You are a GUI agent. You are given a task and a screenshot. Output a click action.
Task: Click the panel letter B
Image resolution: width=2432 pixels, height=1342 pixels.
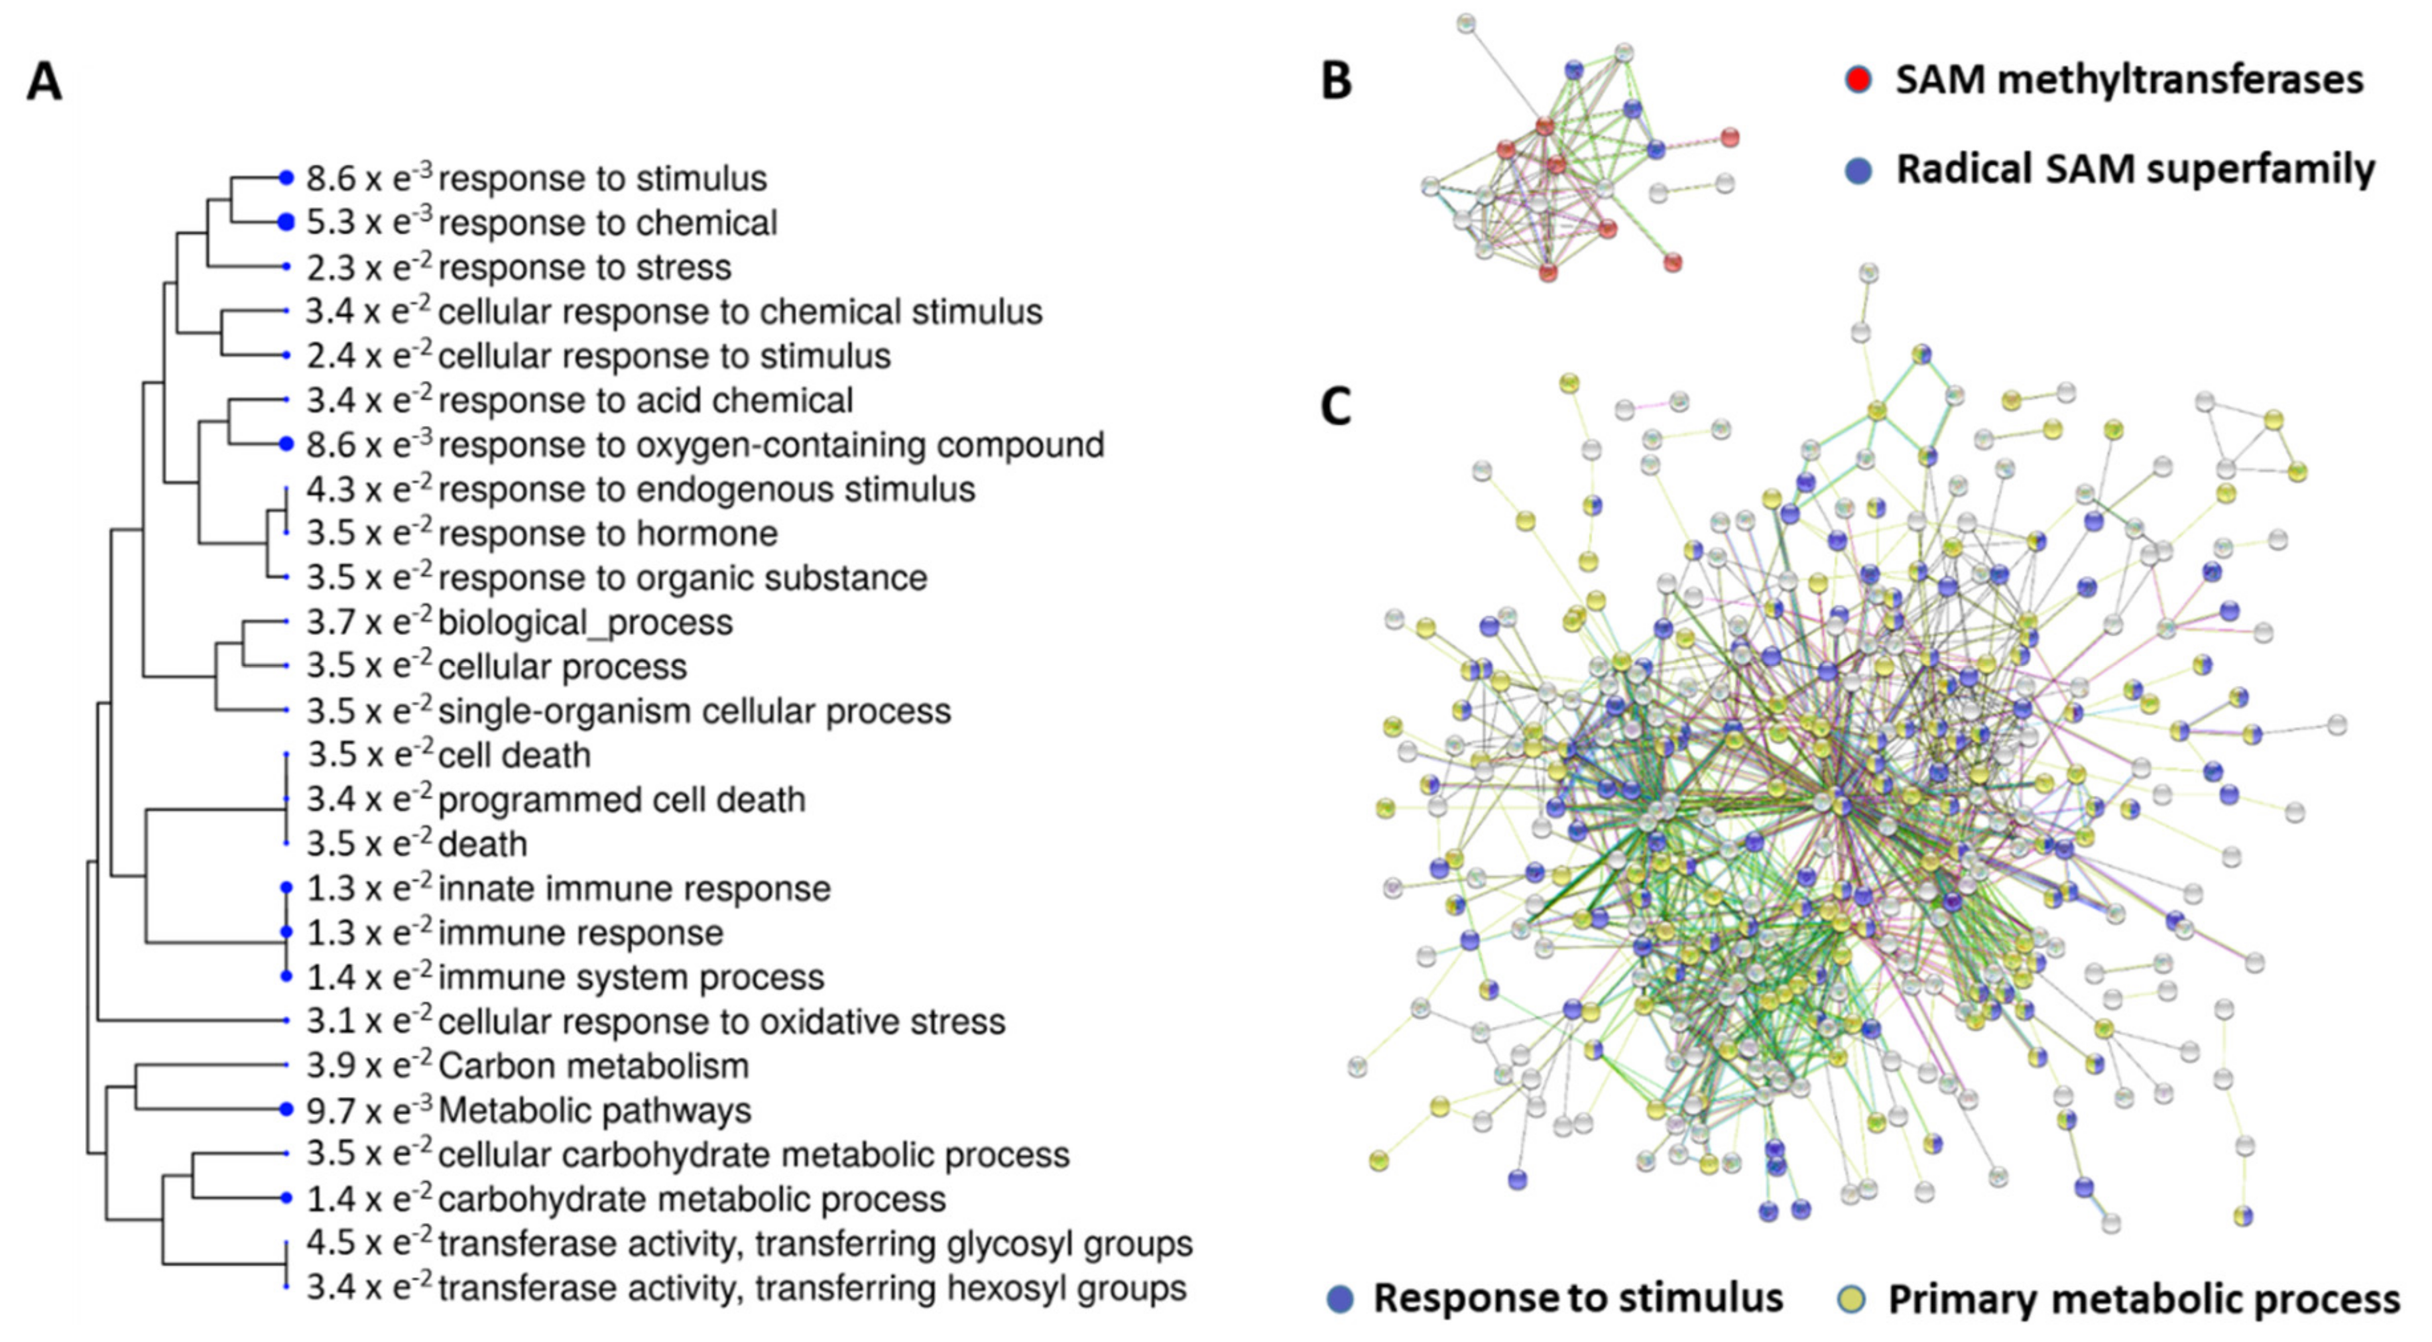pyautogui.click(x=1336, y=81)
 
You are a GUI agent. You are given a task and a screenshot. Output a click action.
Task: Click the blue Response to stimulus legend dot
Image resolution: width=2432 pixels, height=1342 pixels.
pyautogui.click(x=1340, y=1298)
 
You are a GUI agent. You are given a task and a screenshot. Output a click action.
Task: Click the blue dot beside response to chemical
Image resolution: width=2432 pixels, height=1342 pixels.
pyautogui.click(x=286, y=223)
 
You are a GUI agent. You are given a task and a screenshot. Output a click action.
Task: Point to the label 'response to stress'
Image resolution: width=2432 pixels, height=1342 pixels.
pyautogui.click(x=584, y=267)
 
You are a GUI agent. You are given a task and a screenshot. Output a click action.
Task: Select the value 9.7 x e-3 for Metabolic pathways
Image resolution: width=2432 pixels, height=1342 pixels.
pyautogui.click(x=369, y=1110)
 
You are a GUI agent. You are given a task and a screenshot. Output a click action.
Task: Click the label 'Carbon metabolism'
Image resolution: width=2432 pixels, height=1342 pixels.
pyautogui.click(x=594, y=1066)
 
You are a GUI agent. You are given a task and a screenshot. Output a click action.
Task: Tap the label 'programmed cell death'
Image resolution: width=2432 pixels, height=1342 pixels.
pyautogui.click(x=621, y=800)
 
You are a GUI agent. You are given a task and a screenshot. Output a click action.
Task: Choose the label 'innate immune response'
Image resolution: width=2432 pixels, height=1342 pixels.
pyautogui.click(x=635, y=888)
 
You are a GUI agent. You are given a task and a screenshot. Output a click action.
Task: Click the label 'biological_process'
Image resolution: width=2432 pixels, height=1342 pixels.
pyautogui.click(x=585, y=623)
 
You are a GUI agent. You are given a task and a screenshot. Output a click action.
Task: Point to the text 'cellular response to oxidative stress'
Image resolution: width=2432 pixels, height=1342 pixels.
pyautogui.click(x=721, y=1021)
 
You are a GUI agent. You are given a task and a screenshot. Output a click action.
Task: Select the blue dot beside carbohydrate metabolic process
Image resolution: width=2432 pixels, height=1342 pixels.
pyautogui.click(x=286, y=1198)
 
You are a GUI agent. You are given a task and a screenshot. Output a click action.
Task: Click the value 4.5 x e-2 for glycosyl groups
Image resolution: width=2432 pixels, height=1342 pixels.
pyautogui.click(x=369, y=1243)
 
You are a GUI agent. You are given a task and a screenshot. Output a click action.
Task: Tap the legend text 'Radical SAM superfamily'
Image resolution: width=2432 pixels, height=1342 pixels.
pyautogui.click(x=2136, y=170)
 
